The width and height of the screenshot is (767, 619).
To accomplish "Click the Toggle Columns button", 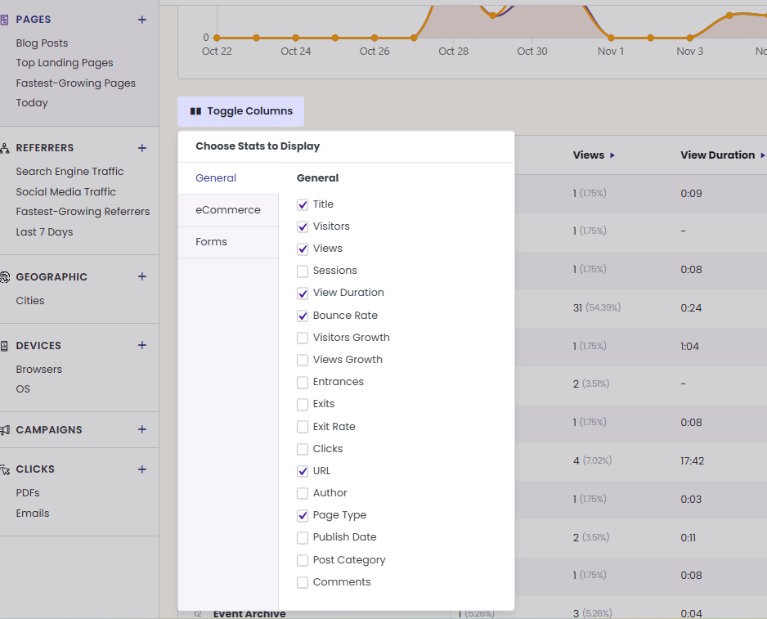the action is tap(240, 111).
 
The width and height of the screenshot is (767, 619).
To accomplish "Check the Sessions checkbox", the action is tap(303, 271).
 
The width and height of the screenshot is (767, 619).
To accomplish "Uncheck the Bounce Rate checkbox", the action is tap(303, 316).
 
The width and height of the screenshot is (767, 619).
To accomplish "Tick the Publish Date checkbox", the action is tap(303, 538).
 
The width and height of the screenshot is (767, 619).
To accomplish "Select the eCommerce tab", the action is tap(228, 210).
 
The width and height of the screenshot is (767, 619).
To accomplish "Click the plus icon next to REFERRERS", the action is tap(141, 148).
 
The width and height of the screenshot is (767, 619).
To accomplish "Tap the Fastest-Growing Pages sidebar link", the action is tap(76, 83).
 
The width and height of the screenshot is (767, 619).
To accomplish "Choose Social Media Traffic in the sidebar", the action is tap(66, 192).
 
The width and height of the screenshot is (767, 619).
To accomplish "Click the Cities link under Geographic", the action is tap(30, 300).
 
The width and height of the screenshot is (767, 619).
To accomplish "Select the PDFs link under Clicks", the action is tap(28, 493).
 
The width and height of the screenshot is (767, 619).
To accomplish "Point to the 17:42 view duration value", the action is tap(692, 461).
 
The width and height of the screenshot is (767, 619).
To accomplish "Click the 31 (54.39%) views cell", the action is tap(597, 307).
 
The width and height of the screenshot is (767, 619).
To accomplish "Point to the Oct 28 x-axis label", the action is tap(454, 51).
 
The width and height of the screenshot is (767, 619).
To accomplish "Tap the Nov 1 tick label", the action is tap(611, 51).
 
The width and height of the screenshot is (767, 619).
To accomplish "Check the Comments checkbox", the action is tap(303, 582).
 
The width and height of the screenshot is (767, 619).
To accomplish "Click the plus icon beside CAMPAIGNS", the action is tap(141, 429).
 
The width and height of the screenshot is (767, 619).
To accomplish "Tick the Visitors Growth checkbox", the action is tap(303, 338).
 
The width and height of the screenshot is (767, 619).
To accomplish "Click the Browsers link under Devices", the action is tap(39, 370).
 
